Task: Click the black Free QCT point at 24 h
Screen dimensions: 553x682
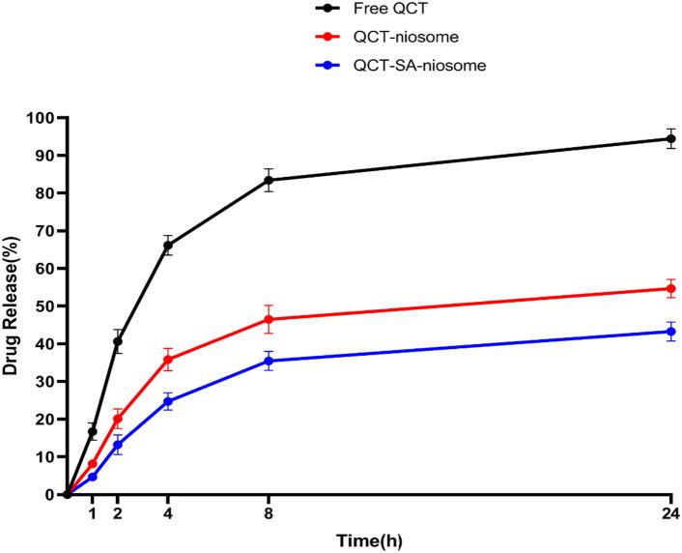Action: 671,138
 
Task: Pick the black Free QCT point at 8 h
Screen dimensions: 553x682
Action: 269,180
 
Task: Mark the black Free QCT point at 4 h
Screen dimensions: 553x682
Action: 167,246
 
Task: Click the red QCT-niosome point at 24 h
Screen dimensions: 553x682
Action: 671,288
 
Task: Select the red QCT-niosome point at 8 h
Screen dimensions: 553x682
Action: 269,319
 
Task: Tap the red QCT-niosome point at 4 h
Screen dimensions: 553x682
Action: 167,360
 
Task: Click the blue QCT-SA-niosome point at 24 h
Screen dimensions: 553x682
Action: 671,332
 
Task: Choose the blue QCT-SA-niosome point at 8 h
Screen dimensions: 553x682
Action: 269,361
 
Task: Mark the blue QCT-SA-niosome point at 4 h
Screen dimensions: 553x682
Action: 167,401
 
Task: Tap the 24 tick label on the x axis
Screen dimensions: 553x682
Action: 671,512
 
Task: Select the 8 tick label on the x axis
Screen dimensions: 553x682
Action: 269,512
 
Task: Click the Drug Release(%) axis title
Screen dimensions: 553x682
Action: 12,306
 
